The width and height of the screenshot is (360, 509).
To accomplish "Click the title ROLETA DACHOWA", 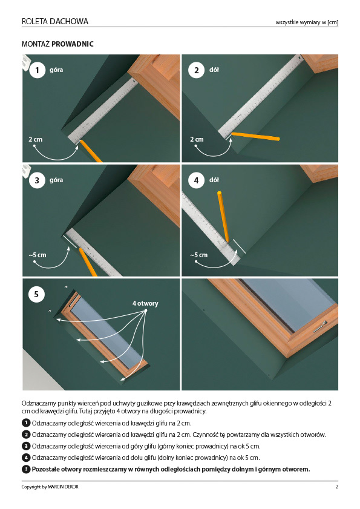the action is [55, 21].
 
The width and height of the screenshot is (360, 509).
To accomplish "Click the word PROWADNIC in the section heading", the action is [73, 44].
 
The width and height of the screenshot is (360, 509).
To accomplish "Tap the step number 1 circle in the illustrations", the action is [37, 70].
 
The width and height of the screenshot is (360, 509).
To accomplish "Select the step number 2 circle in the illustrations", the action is [196, 70].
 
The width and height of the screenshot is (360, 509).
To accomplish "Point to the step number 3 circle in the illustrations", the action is [37, 180].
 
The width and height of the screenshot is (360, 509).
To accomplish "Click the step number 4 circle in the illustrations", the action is [196, 180].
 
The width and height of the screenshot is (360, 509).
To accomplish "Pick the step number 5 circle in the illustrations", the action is [36, 294].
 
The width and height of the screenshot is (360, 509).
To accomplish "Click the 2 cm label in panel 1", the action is [35, 139].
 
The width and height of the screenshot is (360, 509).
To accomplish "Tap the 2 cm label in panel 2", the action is [197, 139].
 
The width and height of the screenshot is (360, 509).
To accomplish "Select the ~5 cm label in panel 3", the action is [38, 255].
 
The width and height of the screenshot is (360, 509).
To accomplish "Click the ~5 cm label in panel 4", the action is [198, 255].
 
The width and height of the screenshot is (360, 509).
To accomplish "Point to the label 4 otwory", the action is [145, 303].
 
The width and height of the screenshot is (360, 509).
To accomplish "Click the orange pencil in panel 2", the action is [255, 136].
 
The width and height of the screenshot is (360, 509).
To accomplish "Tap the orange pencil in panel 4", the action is [223, 217].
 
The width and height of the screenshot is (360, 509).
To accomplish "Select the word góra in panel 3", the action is [56, 180].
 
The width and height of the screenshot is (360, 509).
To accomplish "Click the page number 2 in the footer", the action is [336, 487].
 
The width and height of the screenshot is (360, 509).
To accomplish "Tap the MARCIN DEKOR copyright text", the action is [63, 487].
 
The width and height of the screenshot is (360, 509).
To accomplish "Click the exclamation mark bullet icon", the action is [25, 470].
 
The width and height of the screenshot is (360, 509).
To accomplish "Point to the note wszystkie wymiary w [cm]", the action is [307, 22].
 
